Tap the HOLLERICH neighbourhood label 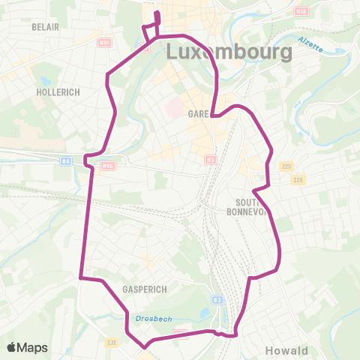coord(58,91)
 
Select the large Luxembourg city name coord(228,52)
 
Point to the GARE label coord(198,113)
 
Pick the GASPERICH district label coord(144,288)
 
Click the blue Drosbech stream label coord(154,319)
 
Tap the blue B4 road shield coord(65,160)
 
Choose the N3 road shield coord(210,159)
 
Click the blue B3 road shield coord(217,300)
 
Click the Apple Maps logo coord(27,347)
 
